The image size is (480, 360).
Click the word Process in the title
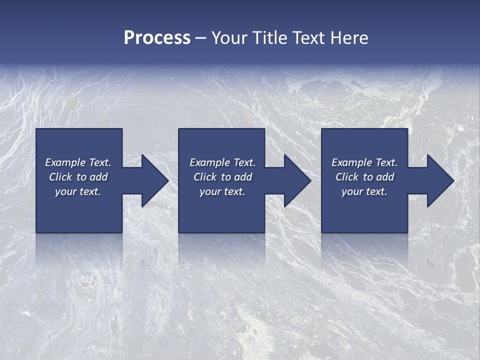157,38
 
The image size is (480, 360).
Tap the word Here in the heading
348,38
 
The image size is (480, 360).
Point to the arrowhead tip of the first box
168,180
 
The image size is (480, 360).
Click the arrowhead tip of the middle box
310,180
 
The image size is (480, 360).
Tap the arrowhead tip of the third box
453,180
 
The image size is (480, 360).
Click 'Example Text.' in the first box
78,162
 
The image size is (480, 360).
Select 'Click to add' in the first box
78,177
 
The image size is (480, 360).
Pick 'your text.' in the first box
78,191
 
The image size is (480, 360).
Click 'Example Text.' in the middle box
222,162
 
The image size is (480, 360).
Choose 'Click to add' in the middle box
222,177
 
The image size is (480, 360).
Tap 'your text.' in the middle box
222,191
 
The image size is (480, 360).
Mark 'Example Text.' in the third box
364,162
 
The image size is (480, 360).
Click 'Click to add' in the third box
364,177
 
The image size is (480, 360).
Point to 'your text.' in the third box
364,191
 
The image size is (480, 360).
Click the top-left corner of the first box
37,129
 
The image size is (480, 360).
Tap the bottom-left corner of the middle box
179,232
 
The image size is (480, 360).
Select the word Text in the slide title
308,38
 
